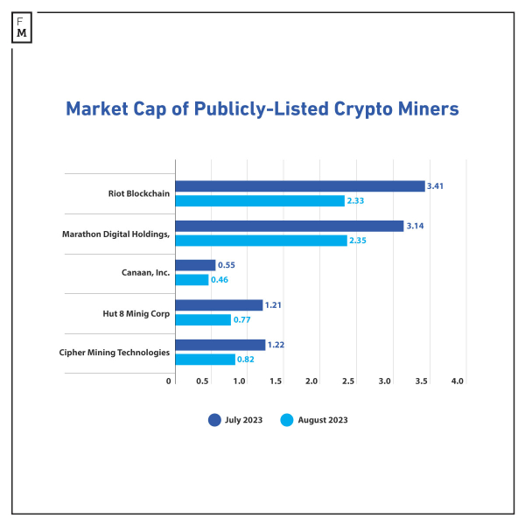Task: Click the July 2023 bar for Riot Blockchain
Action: point(300,186)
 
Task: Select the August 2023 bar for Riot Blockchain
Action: point(261,201)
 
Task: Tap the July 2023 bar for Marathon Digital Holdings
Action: point(290,226)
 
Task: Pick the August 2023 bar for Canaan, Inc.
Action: point(192,280)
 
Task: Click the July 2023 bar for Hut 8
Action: point(219,304)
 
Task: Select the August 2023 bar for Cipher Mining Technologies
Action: point(206,360)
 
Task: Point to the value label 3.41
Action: point(436,186)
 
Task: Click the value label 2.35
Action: point(359,241)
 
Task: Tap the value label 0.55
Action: point(227,265)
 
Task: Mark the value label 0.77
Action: point(242,320)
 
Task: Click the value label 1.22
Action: point(276,345)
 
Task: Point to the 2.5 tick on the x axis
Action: point(348,381)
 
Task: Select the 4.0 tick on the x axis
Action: point(457,381)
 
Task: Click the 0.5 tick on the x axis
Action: point(203,381)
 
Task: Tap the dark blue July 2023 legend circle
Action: point(214,420)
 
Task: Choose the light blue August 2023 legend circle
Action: point(286,420)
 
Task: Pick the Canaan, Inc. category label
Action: point(145,273)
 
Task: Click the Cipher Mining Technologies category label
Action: point(115,352)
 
